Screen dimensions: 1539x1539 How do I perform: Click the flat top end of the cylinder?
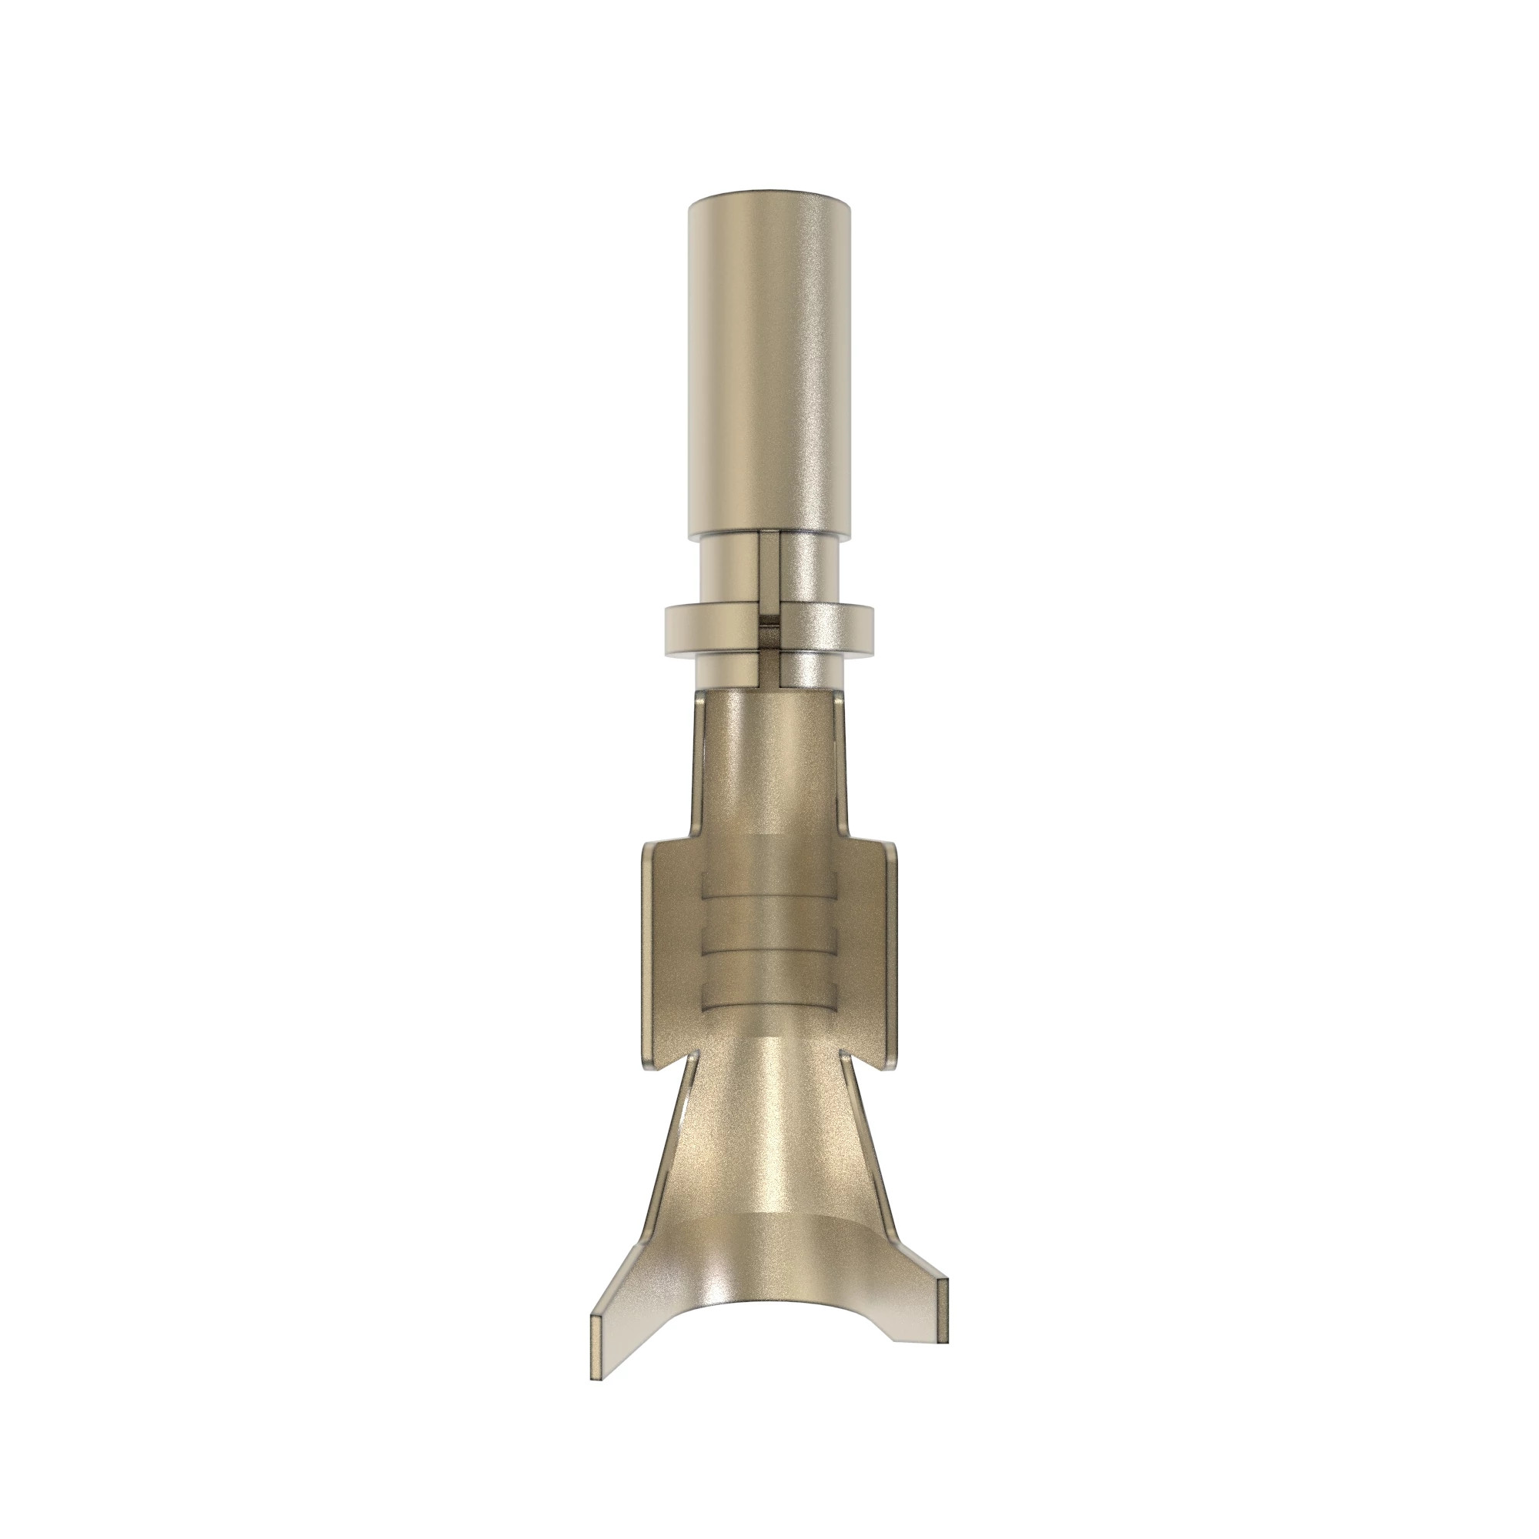769,192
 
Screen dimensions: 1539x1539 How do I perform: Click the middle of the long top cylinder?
769,359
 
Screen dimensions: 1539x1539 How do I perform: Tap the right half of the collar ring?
829,629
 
